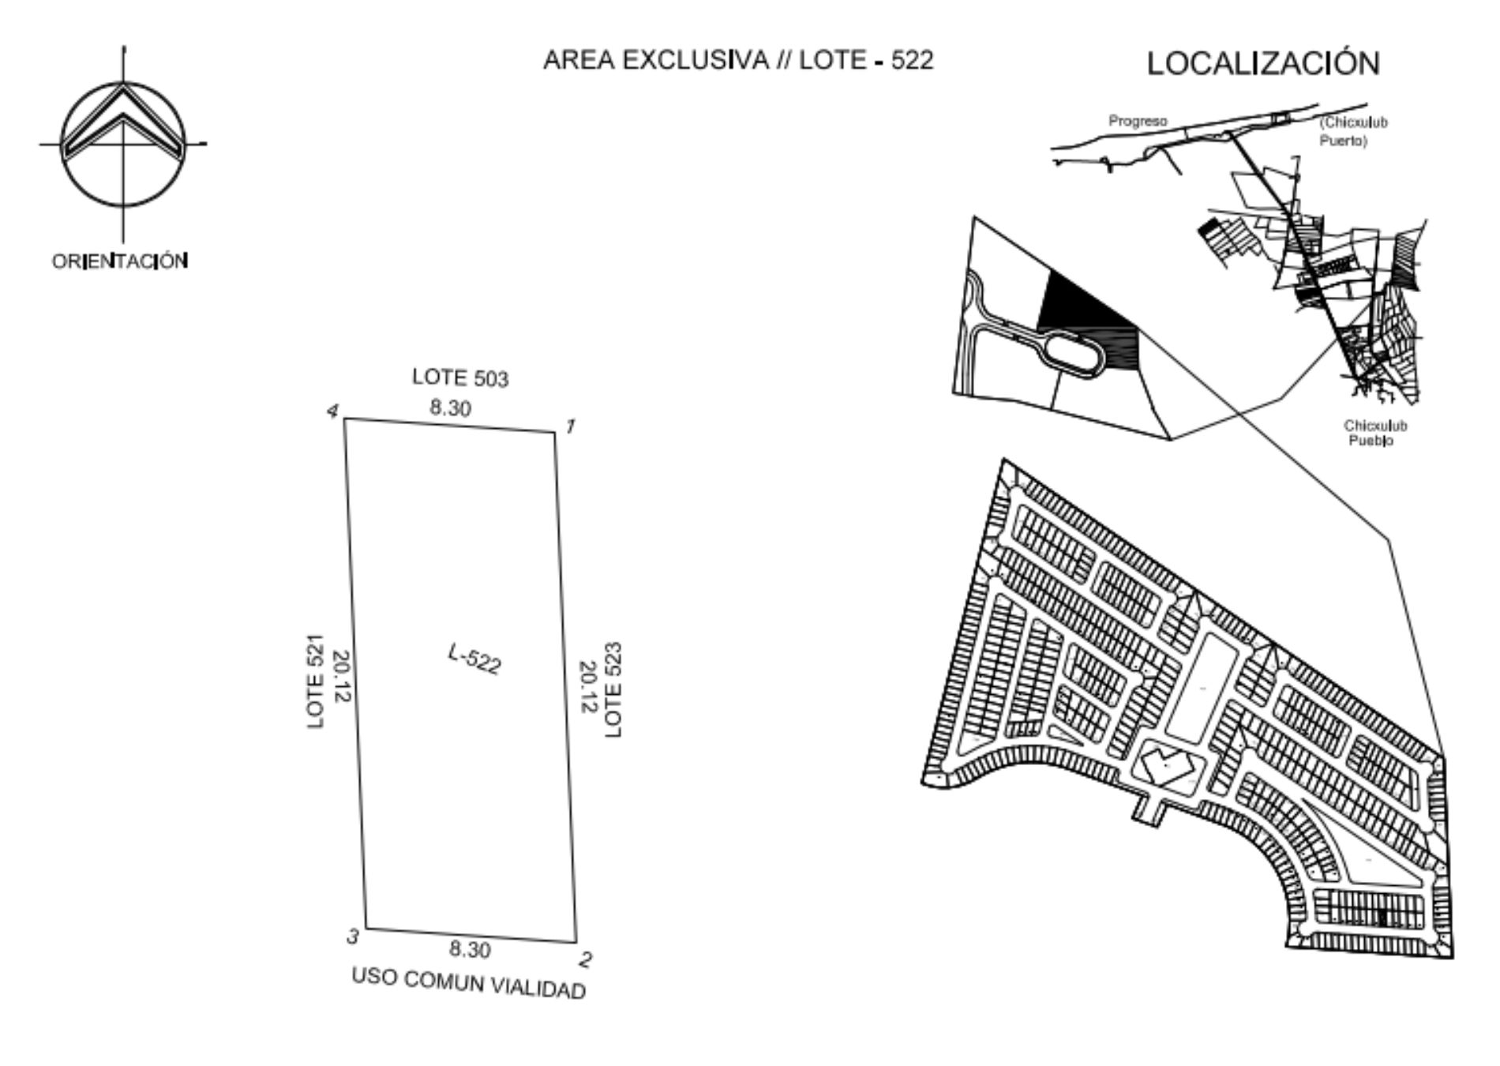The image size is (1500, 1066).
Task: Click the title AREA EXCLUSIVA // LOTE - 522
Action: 738,60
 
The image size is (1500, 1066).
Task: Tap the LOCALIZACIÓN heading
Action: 1263,63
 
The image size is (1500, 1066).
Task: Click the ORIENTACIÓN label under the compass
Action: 120,261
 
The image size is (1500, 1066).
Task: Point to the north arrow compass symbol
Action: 123,145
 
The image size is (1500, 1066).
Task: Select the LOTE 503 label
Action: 460,377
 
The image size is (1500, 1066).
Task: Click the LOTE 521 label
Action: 316,681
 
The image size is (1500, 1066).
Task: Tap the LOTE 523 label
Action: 613,690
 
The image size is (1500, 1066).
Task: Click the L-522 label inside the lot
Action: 474,659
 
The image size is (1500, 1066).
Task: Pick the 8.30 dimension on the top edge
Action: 450,408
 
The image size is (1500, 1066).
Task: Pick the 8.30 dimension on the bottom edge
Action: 470,948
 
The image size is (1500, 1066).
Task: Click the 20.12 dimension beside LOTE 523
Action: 588,686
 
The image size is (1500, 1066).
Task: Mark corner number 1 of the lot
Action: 554,432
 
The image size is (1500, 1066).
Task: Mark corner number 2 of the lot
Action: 576,942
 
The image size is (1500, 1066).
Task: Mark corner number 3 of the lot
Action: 365,929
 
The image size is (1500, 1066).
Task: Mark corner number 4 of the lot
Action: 344,419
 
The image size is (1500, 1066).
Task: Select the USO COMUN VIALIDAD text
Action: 469,984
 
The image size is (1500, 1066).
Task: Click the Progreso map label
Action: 1138,121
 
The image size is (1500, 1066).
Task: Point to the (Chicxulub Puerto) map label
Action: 1353,131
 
